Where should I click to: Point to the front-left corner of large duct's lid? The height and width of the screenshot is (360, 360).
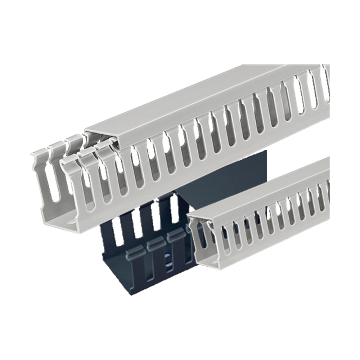tap(85, 130)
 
